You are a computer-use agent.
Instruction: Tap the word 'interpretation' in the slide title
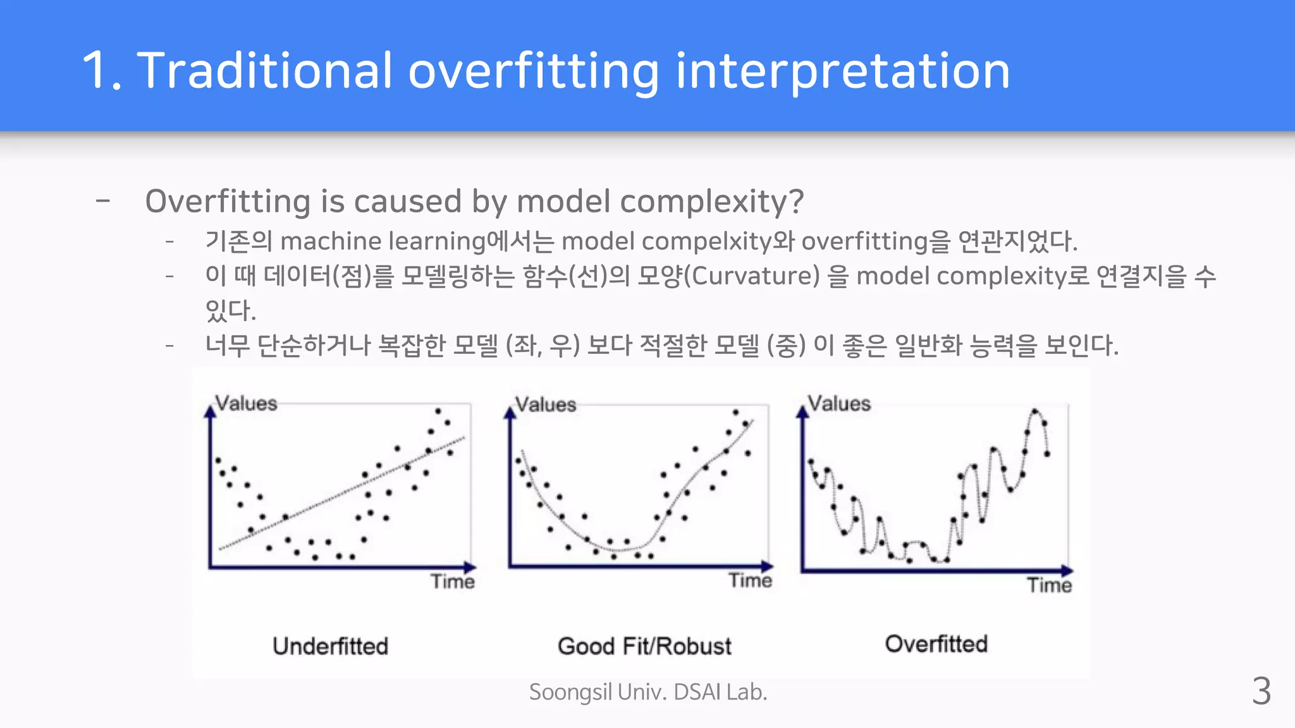(x=842, y=71)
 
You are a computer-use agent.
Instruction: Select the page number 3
(x=1261, y=691)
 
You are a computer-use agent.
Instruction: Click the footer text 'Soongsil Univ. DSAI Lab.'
(x=648, y=692)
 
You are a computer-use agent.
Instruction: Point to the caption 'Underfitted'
(x=330, y=646)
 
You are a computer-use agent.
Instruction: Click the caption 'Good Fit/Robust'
(x=644, y=646)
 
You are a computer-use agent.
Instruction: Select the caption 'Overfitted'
(x=936, y=643)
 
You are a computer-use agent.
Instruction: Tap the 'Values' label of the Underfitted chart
(x=246, y=403)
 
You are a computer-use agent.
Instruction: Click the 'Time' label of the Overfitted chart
(x=1049, y=585)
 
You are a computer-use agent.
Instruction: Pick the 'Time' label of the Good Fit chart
(x=750, y=580)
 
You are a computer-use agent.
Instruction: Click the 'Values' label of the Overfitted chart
(x=839, y=403)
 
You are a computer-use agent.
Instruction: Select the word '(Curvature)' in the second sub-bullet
(x=752, y=276)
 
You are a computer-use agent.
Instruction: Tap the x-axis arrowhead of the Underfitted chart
(x=470, y=567)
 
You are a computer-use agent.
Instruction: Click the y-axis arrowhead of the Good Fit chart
(x=510, y=413)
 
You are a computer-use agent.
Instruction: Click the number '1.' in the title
(x=101, y=71)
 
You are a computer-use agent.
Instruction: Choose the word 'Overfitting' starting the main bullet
(x=228, y=202)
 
